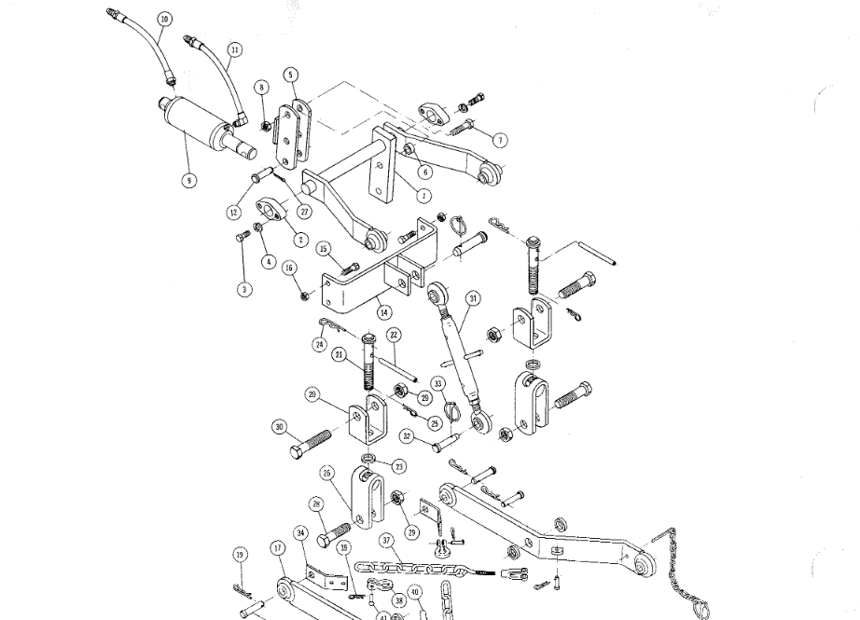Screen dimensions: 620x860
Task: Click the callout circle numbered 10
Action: coord(165,19)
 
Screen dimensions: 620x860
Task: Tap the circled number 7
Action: coord(500,140)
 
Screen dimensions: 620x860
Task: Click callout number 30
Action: coord(279,428)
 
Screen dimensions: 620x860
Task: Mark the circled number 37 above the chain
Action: coord(386,540)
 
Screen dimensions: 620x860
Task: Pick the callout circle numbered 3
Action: coord(244,289)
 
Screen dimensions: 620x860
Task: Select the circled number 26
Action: coord(327,474)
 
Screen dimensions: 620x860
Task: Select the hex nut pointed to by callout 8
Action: coord(266,126)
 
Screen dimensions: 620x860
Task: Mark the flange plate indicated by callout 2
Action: coord(272,211)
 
